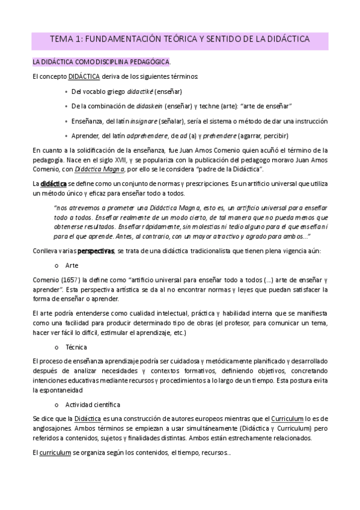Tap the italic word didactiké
139,91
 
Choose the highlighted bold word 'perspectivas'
96,251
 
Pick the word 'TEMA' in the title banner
61,40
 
